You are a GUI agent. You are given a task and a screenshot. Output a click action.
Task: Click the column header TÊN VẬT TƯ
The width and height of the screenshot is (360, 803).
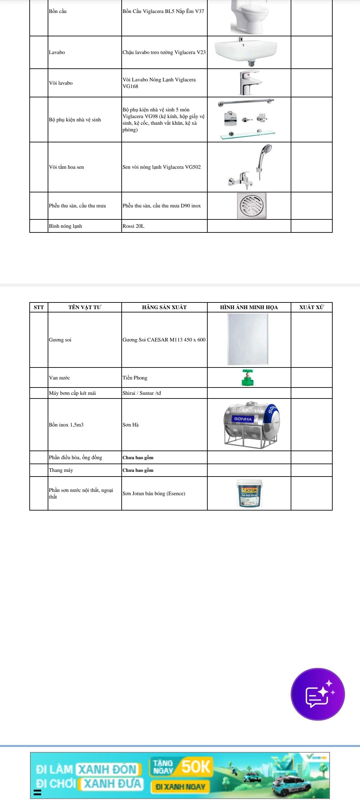tap(85, 307)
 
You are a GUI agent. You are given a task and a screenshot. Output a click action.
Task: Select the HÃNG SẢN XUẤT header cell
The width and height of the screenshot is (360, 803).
tap(164, 307)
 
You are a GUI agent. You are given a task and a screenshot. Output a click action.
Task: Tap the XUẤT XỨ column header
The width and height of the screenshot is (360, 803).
tap(311, 307)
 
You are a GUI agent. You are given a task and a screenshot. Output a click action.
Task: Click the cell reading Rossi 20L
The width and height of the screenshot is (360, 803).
tap(133, 226)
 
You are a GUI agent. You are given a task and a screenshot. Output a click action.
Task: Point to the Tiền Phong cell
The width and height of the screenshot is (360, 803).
tap(135, 378)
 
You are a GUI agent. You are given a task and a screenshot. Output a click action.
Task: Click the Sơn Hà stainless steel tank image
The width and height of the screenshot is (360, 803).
tap(252, 424)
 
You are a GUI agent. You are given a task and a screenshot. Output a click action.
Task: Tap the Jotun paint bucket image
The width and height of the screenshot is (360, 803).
tap(250, 493)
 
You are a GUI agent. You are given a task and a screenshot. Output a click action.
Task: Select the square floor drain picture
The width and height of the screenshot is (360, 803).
tap(252, 205)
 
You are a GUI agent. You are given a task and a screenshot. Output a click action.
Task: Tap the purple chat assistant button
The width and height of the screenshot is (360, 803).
tap(318, 694)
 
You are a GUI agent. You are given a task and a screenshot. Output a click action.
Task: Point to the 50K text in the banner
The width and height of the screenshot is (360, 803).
tap(196, 767)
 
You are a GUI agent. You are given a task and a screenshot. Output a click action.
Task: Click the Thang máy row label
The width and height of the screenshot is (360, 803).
tap(61, 470)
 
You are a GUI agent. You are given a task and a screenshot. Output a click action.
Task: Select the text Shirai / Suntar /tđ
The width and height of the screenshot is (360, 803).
tap(142, 393)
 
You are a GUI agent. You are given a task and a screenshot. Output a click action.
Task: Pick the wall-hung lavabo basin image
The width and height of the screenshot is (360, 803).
tap(246, 51)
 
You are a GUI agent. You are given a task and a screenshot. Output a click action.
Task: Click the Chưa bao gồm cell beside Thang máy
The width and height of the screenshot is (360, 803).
tap(138, 470)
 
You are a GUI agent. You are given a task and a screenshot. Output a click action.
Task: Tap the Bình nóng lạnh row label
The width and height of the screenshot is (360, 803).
tap(65, 226)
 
